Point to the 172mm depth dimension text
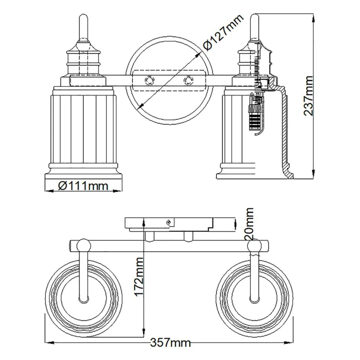click(139, 276)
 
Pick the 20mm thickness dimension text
click(249, 224)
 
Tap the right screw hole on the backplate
click(188, 80)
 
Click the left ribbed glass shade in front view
click(83, 130)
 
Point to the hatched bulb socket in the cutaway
click(256, 115)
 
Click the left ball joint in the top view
click(83, 245)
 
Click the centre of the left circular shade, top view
click(83, 294)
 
